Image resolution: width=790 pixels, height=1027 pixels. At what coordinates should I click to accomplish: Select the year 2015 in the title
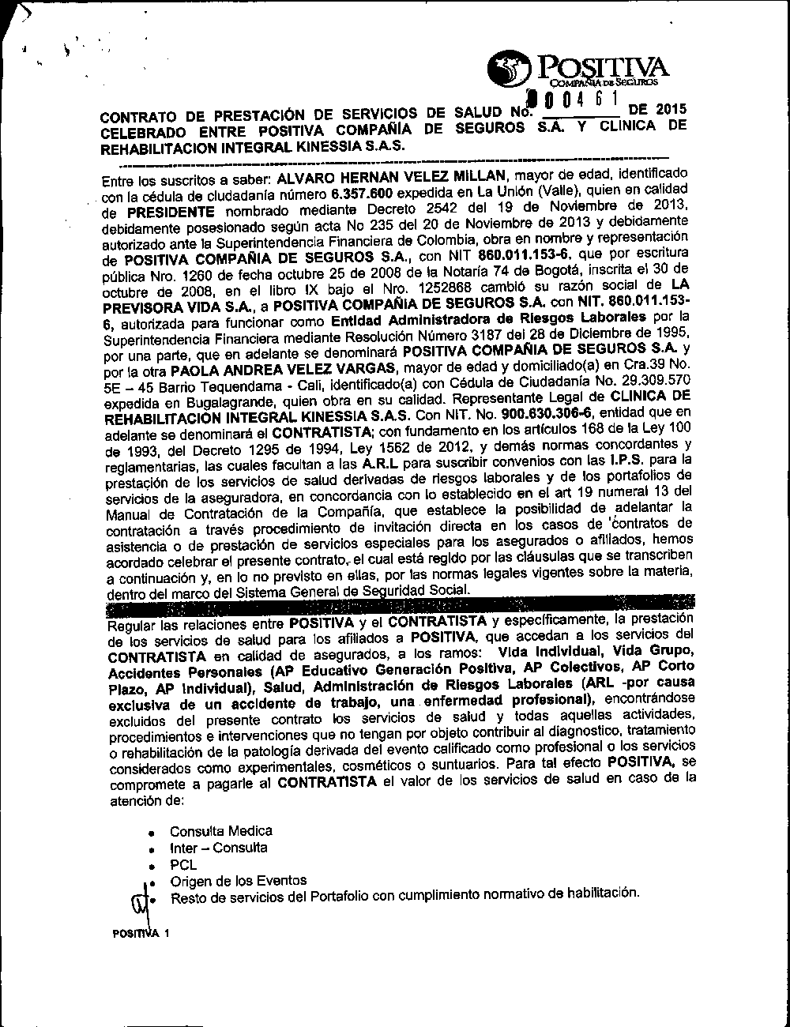(x=671, y=111)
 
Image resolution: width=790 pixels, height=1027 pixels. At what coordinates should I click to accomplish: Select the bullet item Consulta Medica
(x=220, y=831)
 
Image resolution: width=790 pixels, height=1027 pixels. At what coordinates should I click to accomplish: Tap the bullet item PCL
(x=182, y=865)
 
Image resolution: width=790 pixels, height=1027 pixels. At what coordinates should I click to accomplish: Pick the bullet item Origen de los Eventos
(x=238, y=881)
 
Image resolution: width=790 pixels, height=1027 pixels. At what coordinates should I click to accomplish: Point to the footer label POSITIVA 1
(x=141, y=933)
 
